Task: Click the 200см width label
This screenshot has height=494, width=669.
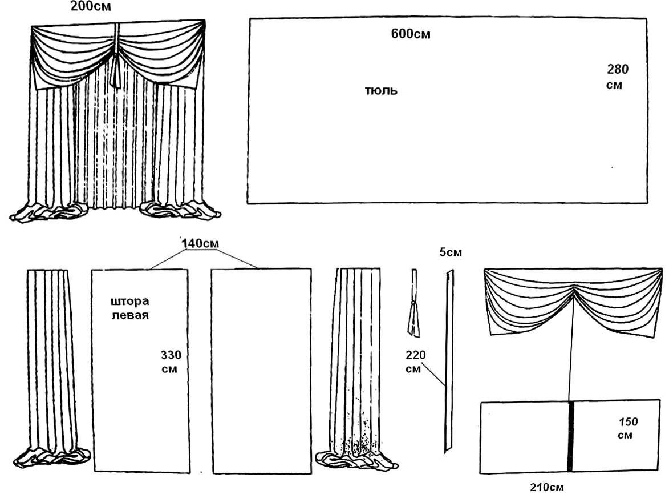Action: (91, 6)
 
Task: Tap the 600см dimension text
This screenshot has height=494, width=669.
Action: (411, 34)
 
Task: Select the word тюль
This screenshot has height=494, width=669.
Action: (381, 91)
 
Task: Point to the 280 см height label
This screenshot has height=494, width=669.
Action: (617, 77)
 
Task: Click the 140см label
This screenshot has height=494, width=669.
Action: (200, 244)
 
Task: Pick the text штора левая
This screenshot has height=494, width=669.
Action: (129, 308)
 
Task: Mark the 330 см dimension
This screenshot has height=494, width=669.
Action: (171, 362)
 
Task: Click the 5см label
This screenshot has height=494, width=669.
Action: (451, 252)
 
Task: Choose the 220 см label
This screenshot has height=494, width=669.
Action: (415, 362)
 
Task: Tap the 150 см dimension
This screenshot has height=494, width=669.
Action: (627, 428)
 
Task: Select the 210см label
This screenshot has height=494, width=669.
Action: (546, 487)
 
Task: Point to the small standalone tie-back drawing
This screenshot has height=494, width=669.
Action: (413, 303)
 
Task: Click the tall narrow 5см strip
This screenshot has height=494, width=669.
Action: (449, 361)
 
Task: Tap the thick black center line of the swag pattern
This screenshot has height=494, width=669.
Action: (570, 436)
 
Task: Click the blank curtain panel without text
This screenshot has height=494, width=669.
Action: (262, 371)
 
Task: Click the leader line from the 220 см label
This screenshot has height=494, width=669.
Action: (435, 375)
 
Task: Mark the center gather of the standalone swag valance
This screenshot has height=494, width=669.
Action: (574, 289)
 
